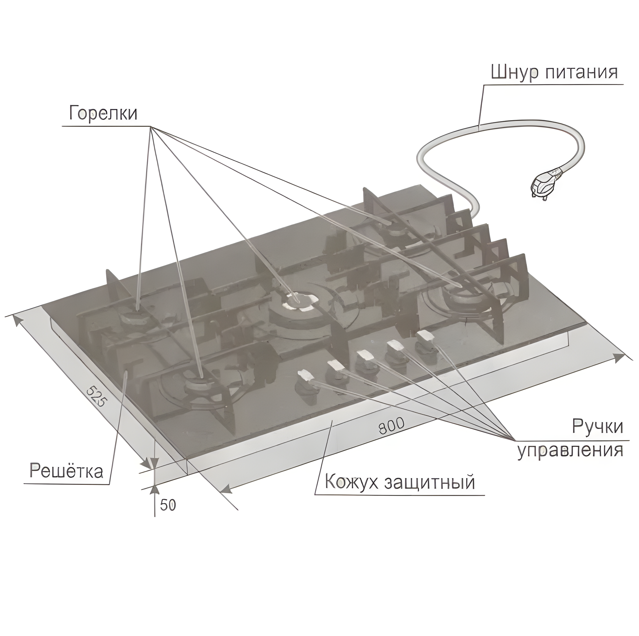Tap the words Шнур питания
[554, 72]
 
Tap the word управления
[570, 450]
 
